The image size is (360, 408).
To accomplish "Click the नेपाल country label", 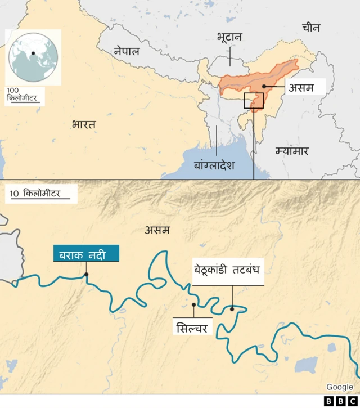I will tap(127, 51).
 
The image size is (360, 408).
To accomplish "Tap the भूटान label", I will tap(229, 37).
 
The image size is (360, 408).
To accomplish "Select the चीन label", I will tap(310, 28).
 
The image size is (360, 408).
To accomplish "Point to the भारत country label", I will tap(84, 124).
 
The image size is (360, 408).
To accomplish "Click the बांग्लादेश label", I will tap(214, 165).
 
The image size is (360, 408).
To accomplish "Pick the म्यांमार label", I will tap(292, 151).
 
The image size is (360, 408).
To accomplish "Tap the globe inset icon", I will tap(31, 56).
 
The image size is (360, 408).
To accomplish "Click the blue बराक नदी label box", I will tap(87, 254).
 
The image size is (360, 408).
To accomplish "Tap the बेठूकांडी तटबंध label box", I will tap(227, 269).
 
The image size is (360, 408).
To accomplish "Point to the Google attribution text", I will tap(340, 387).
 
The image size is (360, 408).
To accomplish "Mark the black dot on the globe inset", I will tap(34, 53).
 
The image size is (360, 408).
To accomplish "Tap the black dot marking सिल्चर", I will tap(193, 305).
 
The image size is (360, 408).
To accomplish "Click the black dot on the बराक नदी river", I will tap(86, 275).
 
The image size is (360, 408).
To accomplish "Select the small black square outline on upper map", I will tap(253, 101).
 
